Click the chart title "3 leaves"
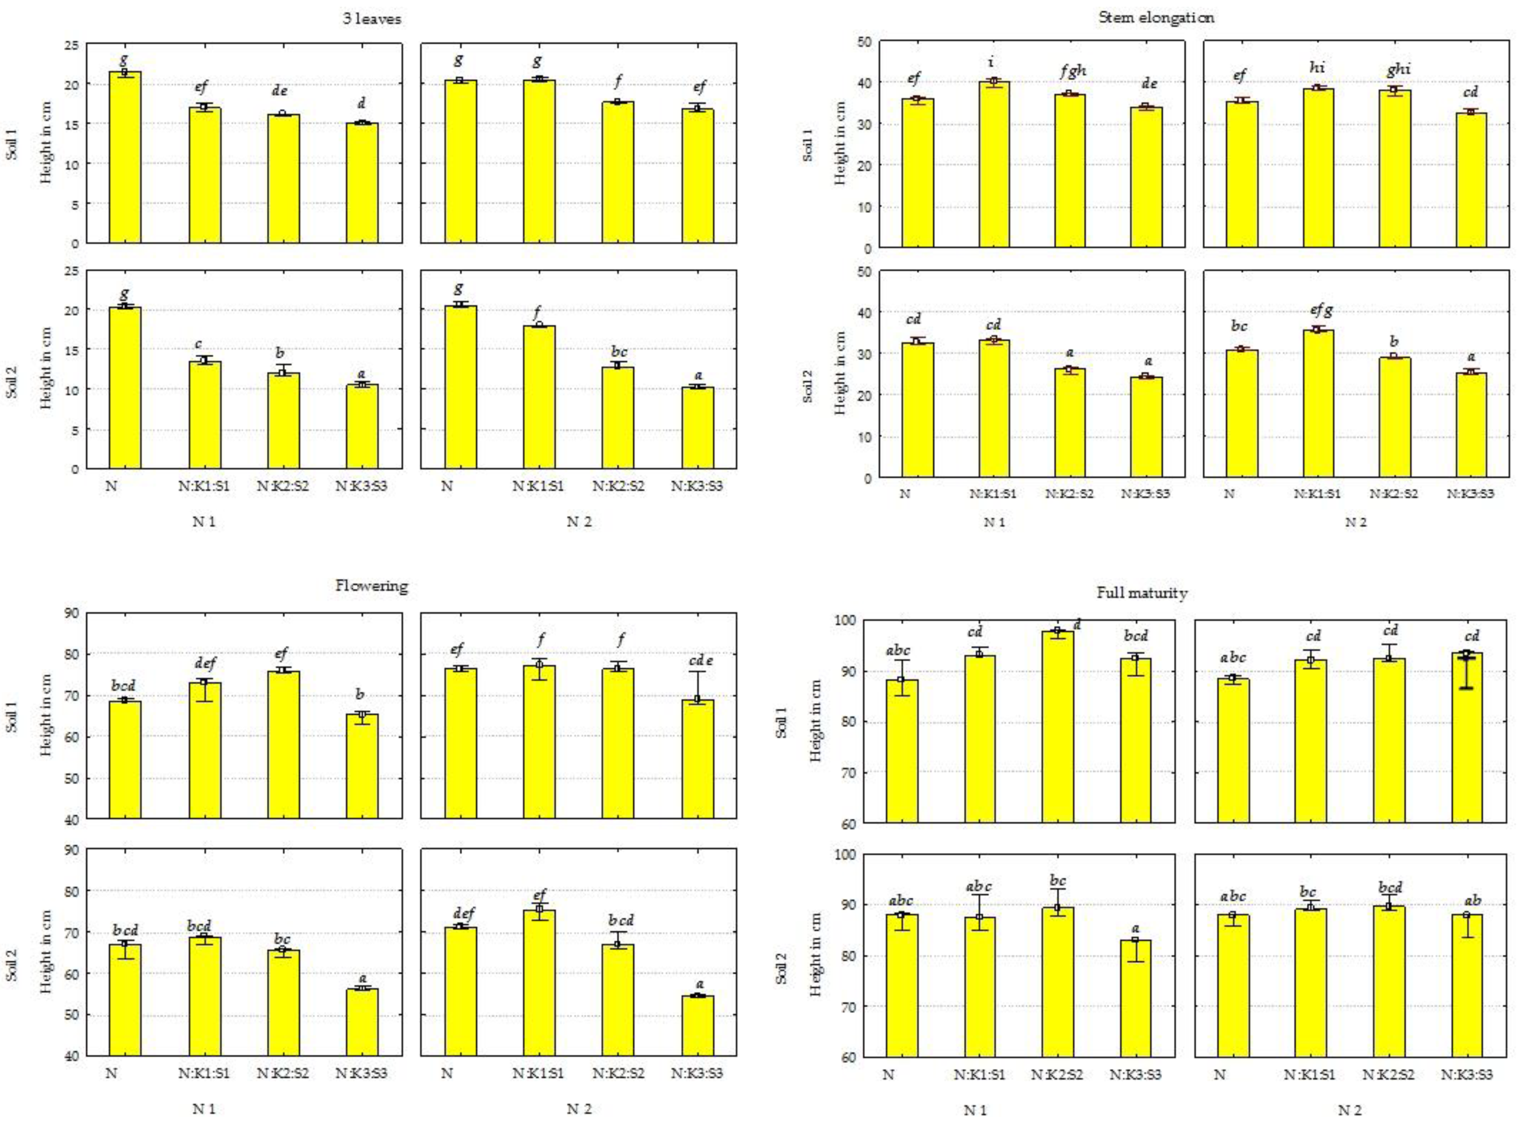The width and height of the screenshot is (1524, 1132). click(x=371, y=19)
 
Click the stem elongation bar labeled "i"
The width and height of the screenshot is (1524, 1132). click(x=994, y=165)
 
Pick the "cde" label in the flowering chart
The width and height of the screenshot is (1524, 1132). click(x=700, y=660)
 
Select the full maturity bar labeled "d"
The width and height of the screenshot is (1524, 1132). click(x=1057, y=726)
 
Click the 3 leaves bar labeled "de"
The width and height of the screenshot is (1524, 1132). click(x=283, y=178)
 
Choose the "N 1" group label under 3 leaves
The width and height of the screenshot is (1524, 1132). click(x=204, y=522)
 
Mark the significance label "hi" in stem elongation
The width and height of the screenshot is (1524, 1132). click(x=1316, y=67)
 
